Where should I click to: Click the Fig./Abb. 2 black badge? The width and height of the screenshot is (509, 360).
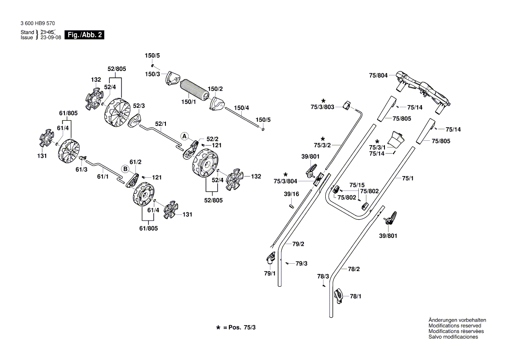tap(84, 35)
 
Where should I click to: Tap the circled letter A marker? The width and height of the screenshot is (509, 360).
tap(185, 136)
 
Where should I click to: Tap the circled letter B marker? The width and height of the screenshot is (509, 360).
tap(125, 168)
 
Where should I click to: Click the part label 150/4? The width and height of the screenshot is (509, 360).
tap(242, 107)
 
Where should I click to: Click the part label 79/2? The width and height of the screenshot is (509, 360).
tap(298, 244)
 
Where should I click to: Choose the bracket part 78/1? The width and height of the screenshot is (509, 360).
tap(339, 296)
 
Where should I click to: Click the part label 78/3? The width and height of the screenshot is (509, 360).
tap(323, 276)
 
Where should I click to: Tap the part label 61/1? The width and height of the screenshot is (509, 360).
tap(102, 177)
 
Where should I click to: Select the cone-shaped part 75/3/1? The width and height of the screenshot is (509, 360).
tap(396, 139)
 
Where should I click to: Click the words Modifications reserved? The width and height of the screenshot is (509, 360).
tap(455, 326)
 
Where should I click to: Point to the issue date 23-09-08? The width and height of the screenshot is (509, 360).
tap(51, 37)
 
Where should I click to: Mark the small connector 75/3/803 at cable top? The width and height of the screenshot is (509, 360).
tap(347, 105)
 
